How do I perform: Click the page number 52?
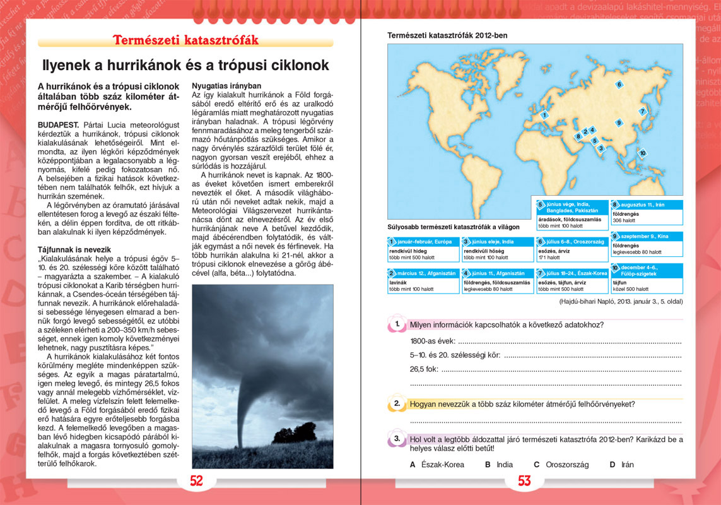coord(197,481)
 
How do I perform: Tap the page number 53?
coord(524,481)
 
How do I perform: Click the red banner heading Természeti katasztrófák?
coord(186,40)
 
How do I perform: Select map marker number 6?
coord(619,85)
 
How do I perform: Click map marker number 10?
coord(642,153)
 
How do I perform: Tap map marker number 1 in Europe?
coord(543,115)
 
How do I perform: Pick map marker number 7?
coord(643,112)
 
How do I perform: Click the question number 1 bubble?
coord(397,324)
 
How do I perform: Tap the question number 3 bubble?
coord(397,439)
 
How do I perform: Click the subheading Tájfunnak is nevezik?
coord(74,250)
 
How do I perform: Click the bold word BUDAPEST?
coord(58,126)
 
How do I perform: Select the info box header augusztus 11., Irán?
coord(646,205)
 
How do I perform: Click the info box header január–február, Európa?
coord(423,242)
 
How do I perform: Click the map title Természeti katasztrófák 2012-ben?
coord(447,36)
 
